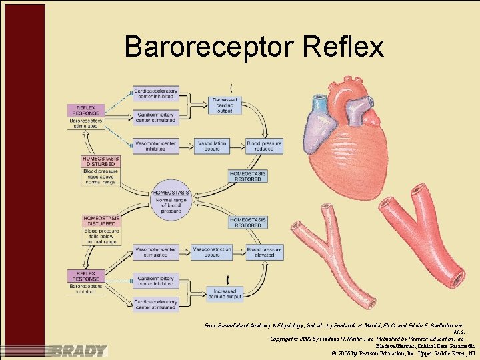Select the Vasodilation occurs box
[211, 145]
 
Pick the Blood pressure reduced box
[265, 145]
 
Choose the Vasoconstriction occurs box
[211, 252]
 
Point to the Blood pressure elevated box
[265, 252]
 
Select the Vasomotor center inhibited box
[155, 145]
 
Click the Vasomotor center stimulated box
[155, 252]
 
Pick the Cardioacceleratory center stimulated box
[155, 305]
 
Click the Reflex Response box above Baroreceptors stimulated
[87, 109]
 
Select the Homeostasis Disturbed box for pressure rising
[101, 161]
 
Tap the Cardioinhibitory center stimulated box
[155, 117]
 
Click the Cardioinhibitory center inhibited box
[155, 280]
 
